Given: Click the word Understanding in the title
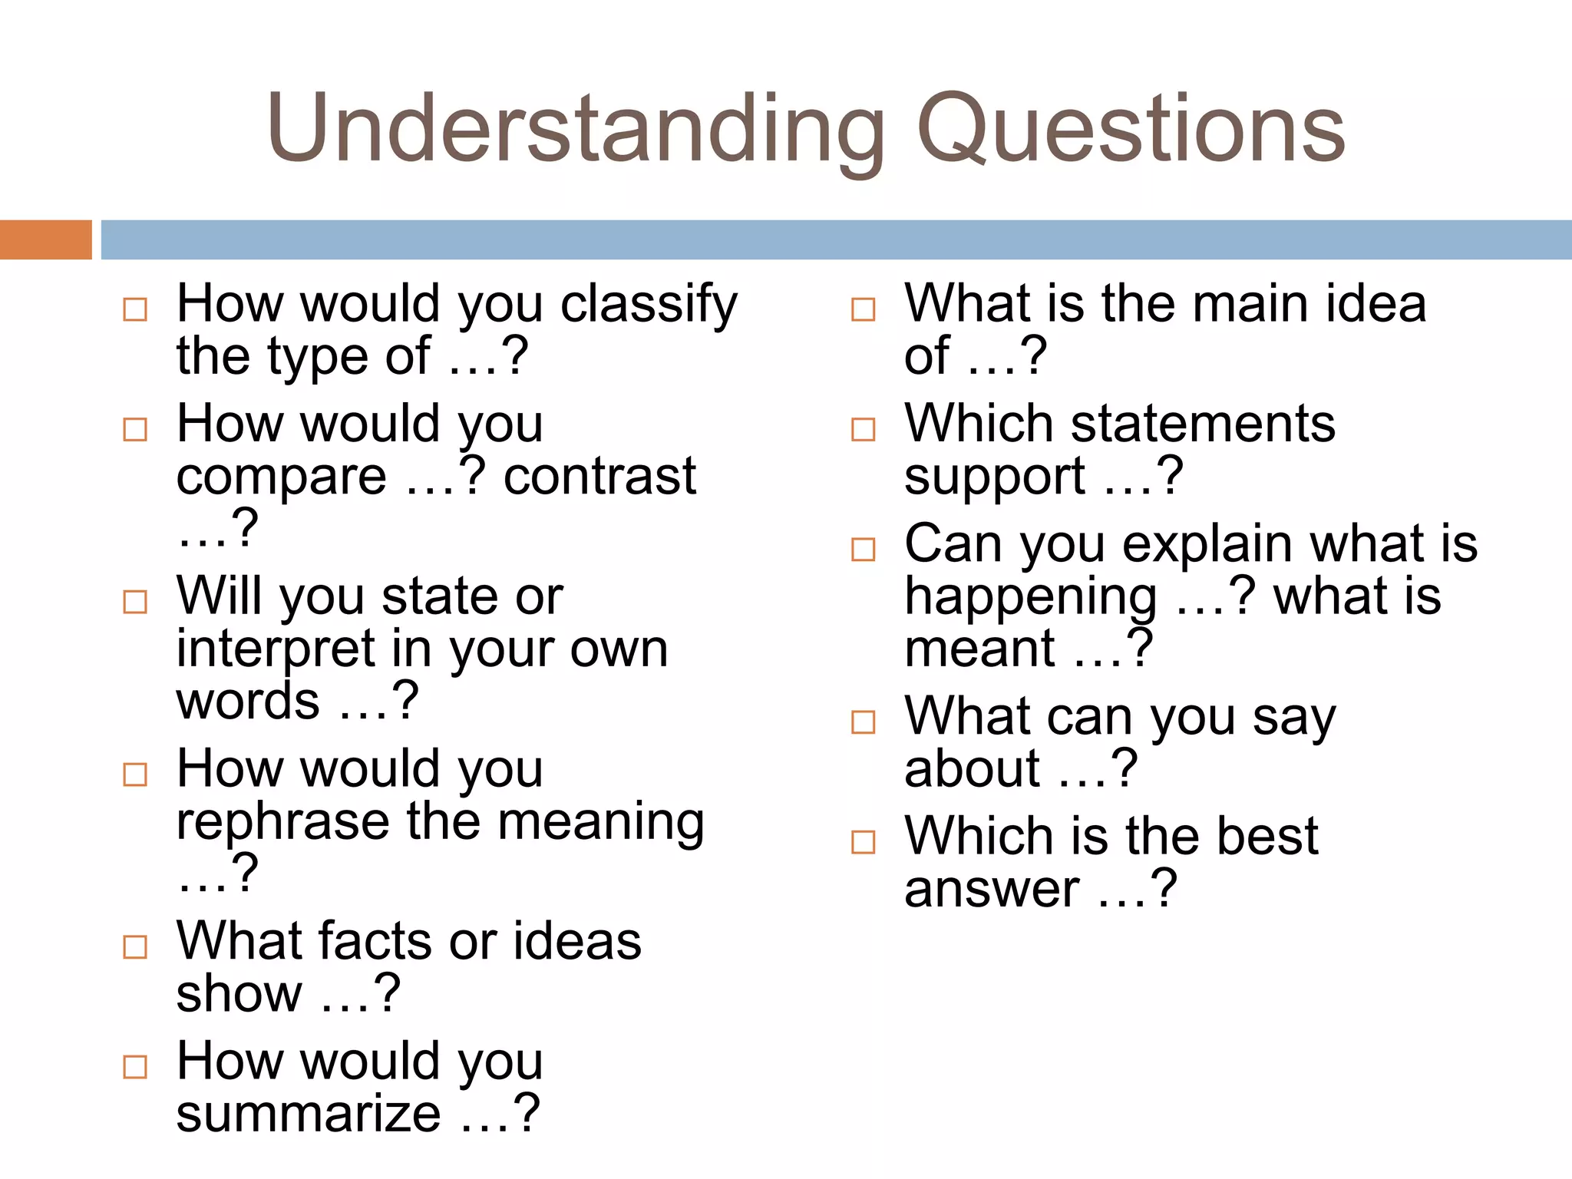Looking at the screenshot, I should pos(576,129).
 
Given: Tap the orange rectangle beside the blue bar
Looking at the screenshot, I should pos(45,239).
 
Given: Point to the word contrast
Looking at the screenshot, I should pos(599,476).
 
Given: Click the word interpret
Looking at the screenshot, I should pos(276,649).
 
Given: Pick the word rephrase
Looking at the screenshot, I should pos(282,821).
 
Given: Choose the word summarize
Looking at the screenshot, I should pos(309,1114).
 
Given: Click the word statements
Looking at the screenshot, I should pos(1203,424).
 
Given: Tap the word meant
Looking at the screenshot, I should pos(979,649).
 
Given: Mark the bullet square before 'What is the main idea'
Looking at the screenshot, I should pos(864,309).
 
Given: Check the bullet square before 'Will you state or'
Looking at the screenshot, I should pos(135,602).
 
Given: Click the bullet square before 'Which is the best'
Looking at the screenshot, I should pos(864,842).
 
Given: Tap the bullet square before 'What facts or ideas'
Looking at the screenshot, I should pos(135,947).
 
